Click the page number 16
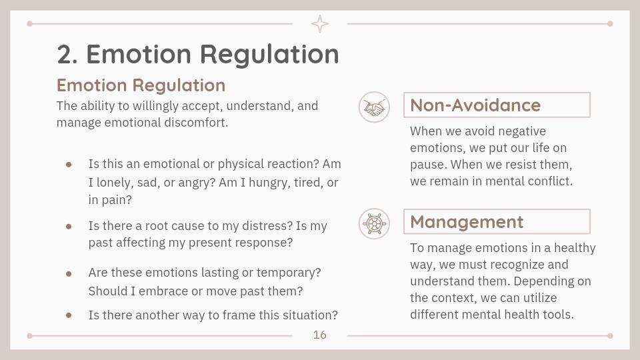click(319, 335)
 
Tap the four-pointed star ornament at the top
click(319, 24)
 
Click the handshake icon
click(374, 107)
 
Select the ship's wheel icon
click(374, 224)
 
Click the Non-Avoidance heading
click(475, 105)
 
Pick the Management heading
click(467, 222)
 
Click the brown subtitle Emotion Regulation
click(141, 85)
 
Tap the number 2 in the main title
click(67, 54)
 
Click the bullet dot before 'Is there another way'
click(69, 315)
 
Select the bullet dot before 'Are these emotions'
click(69, 274)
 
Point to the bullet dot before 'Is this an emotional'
click(69, 165)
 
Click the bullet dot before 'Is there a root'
click(69, 227)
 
